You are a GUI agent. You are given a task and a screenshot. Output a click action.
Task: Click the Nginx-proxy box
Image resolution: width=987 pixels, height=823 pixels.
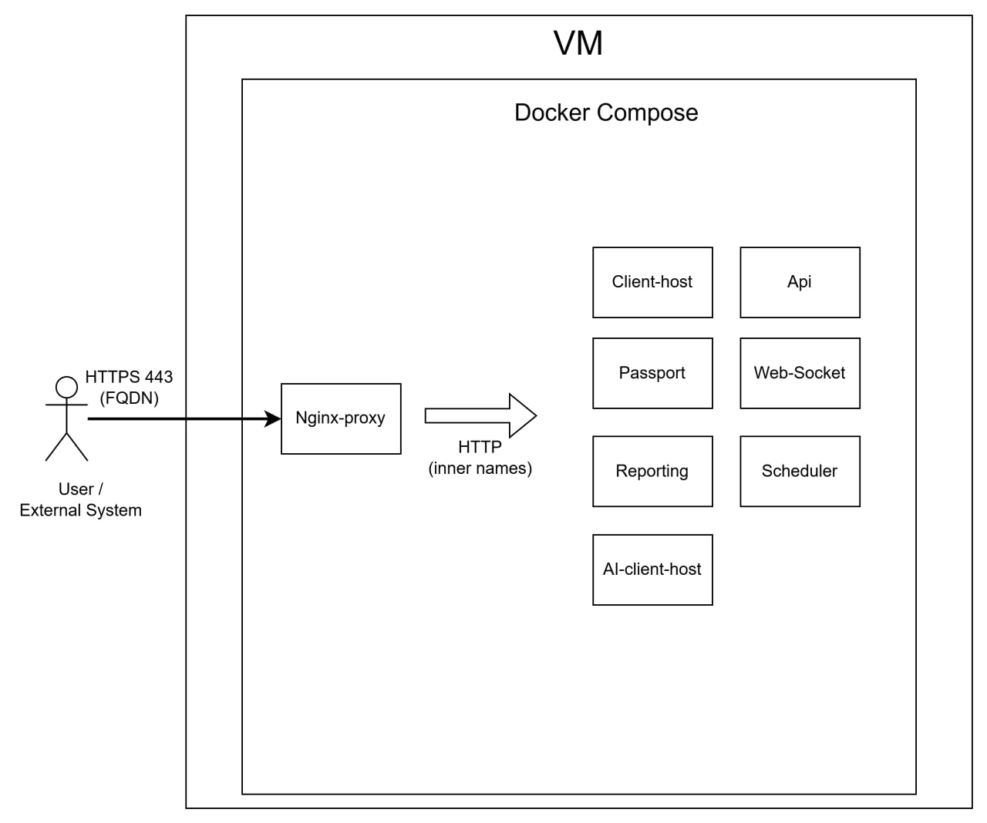click(x=341, y=418)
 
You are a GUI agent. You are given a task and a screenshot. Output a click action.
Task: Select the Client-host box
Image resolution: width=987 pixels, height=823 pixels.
click(x=652, y=282)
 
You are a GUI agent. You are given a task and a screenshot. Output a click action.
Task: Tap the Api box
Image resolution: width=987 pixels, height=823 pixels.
click(x=800, y=282)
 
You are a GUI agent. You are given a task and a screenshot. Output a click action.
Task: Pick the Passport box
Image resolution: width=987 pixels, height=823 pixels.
click(x=652, y=373)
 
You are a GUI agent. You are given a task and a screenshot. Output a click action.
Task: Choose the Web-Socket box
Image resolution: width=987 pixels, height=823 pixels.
click(x=800, y=373)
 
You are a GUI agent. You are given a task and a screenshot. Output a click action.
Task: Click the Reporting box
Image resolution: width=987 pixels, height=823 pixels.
click(x=652, y=471)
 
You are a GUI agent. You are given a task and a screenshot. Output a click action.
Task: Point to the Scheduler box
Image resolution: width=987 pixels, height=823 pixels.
click(x=800, y=471)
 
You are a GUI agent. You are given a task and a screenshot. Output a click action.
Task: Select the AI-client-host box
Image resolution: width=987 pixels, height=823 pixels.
click(x=652, y=569)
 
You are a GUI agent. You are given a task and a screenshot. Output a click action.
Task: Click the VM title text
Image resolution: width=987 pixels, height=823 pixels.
click(x=578, y=43)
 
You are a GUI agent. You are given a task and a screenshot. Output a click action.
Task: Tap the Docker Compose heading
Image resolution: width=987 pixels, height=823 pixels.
click(x=606, y=113)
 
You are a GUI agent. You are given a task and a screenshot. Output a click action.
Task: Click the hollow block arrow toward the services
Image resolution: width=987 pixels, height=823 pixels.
click(x=480, y=415)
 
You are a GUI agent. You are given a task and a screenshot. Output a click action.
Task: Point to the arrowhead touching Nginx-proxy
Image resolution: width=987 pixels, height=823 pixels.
click(x=273, y=418)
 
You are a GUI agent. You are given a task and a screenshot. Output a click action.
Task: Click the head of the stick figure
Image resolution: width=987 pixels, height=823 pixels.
click(x=66, y=387)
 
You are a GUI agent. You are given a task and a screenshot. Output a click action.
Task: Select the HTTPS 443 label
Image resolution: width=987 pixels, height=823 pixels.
click(x=129, y=377)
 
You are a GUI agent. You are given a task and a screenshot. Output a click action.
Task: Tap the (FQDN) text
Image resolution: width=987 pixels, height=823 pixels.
click(x=129, y=398)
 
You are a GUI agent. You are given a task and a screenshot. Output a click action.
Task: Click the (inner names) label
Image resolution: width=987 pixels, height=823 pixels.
click(x=480, y=469)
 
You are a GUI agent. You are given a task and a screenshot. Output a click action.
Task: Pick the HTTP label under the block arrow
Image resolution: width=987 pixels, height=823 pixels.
click(x=480, y=446)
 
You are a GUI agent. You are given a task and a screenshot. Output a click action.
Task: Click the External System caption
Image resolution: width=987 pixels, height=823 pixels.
click(x=80, y=510)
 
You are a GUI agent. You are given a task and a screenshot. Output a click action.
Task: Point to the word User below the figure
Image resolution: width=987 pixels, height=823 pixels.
click(x=76, y=489)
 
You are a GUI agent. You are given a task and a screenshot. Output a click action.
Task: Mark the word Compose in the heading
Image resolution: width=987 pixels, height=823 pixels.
click(x=647, y=113)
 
